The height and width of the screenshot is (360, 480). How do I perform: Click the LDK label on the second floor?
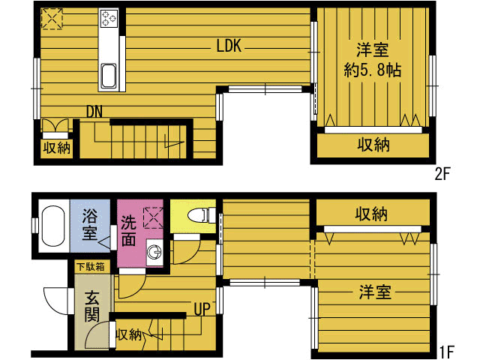[x=229, y=46]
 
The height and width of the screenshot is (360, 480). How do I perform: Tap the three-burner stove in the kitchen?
[x=109, y=18]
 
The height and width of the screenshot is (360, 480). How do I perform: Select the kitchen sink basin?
[x=108, y=76]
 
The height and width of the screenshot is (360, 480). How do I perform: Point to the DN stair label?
[x=94, y=112]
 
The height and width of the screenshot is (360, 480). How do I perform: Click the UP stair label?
[x=202, y=309]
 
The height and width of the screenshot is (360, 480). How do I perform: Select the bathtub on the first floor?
[x=53, y=226]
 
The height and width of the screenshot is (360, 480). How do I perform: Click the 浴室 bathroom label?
[x=90, y=224]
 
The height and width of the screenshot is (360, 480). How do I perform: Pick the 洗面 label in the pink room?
[x=128, y=231]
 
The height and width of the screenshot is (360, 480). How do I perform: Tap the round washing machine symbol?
[x=154, y=252]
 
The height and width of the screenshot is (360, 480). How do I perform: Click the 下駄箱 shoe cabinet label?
[x=91, y=267]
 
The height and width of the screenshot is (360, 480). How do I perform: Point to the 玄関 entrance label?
[x=91, y=307]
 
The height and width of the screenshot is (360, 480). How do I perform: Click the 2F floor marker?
[x=442, y=175]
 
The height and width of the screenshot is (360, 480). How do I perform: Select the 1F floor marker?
[x=447, y=352]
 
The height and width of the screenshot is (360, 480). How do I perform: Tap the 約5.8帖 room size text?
[x=372, y=70]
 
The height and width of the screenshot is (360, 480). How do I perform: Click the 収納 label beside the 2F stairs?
[x=57, y=148]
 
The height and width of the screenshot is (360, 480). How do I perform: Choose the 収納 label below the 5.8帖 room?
[x=373, y=145]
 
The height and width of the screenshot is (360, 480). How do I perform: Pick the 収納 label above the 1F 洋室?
[x=371, y=214]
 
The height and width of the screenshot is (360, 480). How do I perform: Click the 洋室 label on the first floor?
[x=375, y=292]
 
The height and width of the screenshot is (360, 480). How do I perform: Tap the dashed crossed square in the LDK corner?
[x=52, y=19]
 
